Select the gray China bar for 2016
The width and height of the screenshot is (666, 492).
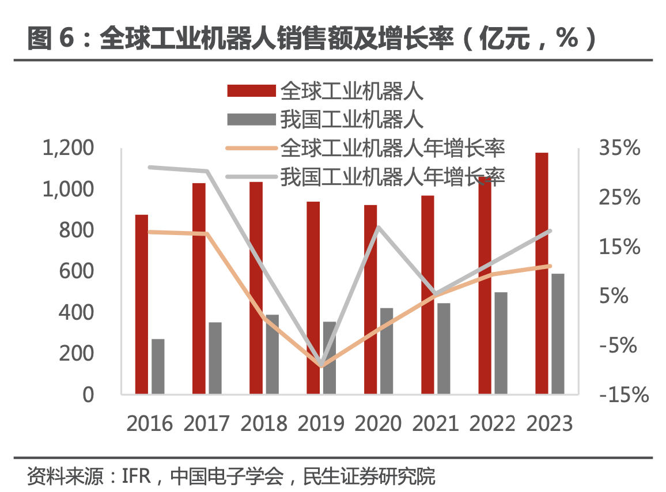[x=158, y=366]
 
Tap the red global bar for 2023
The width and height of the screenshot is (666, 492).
[x=542, y=273]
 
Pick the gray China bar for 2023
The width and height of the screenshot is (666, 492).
[x=558, y=334]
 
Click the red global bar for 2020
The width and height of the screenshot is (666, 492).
[x=370, y=299]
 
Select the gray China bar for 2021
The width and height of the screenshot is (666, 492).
[x=444, y=349]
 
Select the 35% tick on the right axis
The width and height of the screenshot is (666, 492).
[x=620, y=149]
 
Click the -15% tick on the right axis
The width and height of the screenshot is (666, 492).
[x=624, y=395]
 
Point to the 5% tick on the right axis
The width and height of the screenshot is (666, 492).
[x=620, y=296]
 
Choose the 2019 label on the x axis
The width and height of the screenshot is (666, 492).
[x=321, y=423]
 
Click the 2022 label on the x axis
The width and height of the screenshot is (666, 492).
[x=493, y=423]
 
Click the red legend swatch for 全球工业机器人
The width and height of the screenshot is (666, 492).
[x=251, y=90]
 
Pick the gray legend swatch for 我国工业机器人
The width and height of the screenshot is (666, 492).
[x=251, y=120]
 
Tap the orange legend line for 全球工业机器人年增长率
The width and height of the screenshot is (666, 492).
[x=251, y=149]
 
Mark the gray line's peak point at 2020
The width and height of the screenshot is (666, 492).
[x=379, y=227]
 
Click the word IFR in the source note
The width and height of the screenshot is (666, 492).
[x=136, y=476]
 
